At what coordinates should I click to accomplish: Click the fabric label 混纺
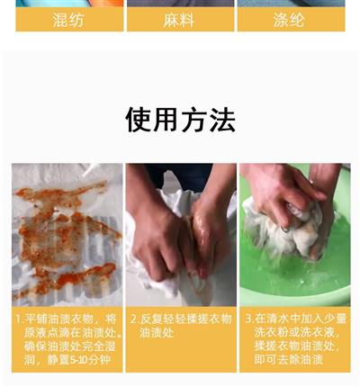tap(68, 21)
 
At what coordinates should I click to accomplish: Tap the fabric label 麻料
tap(179, 21)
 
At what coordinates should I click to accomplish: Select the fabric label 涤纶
tap(289, 21)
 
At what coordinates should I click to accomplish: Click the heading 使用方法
tap(180, 120)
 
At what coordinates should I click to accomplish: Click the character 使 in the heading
tap(139, 120)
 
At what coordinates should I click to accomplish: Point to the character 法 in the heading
tap(222, 120)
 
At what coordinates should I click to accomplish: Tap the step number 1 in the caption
tap(19, 319)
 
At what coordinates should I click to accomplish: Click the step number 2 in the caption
tap(133, 319)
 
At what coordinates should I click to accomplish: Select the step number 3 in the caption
tap(248, 319)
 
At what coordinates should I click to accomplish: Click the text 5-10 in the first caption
tap(78, 360)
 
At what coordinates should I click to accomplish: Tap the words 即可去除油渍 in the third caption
tap(288, 359)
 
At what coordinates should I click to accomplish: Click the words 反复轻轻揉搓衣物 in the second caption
tap(186, 319)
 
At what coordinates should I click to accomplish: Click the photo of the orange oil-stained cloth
tap(67, 235)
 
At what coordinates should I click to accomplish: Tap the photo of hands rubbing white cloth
tap(181, 235)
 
